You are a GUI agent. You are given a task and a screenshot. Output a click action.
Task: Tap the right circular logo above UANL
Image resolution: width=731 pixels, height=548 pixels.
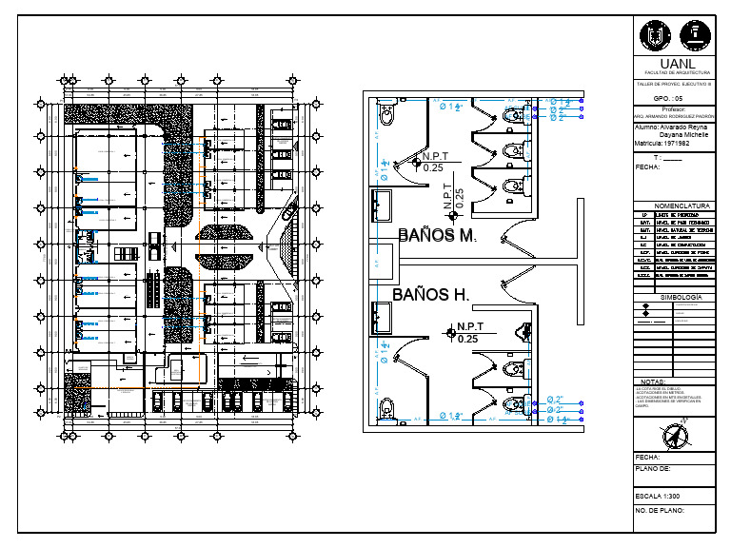(x=698, y=36)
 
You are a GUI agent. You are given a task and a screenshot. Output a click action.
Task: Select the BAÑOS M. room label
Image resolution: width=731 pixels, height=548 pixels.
(x=436, y=235)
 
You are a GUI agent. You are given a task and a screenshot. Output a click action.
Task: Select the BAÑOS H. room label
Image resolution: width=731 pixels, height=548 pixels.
(x=431, y=295)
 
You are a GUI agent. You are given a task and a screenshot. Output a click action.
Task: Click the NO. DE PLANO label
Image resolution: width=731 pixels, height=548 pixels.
(x=660, y=512)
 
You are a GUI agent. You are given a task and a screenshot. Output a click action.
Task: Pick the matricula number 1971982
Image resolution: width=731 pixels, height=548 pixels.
(x=677, y=143)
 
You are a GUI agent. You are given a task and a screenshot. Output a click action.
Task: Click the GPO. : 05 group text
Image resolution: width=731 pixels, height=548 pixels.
(x=667, y=98)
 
